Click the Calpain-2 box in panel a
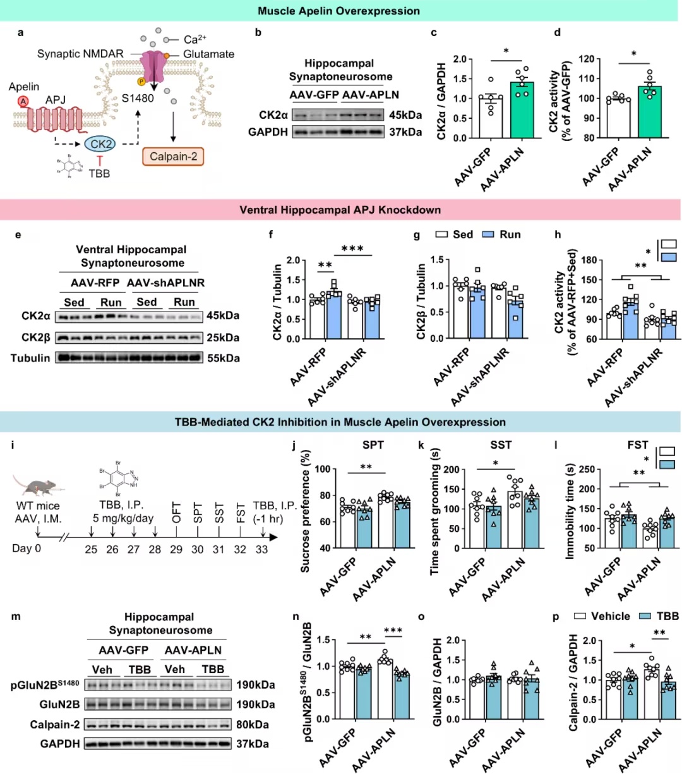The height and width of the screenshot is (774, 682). (173, 156)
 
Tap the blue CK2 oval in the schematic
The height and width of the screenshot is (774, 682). (100, 144)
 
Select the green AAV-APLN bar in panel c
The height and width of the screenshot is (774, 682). (522, 110)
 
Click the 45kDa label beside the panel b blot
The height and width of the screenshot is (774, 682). (405, 115)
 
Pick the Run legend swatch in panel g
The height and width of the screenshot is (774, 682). (488, 234)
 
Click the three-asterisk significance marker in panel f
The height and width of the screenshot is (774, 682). (352, 249)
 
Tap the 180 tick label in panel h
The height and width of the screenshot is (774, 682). (589, 260)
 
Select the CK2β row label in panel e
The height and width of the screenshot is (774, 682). (36, 338)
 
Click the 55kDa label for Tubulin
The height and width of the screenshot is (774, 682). (224, 358)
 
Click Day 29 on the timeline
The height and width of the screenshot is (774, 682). (176, 549)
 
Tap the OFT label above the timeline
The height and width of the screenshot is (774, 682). (176, 512)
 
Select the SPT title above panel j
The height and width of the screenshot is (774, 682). (373, 445)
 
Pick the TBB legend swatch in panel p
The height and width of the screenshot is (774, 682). (645, 616)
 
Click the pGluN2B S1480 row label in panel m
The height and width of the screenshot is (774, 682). (45, 685)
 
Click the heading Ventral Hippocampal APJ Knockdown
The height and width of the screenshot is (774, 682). (340, 210)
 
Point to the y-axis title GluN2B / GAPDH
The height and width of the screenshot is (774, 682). (438, 682)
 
